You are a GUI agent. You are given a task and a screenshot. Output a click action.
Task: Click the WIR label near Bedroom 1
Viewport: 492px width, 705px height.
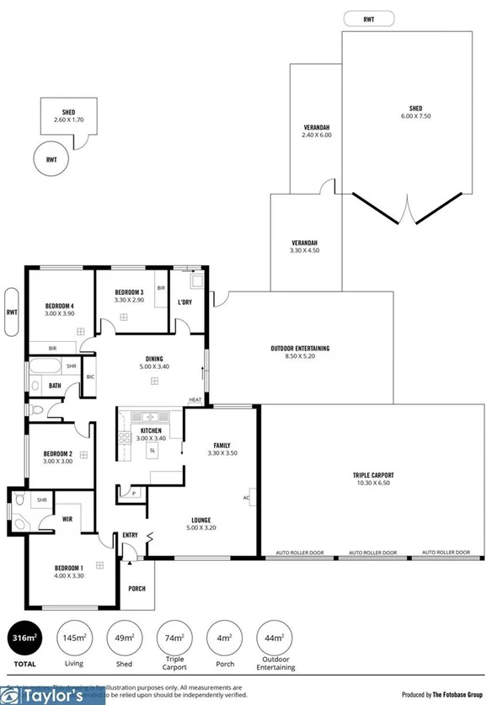tap(67, 520)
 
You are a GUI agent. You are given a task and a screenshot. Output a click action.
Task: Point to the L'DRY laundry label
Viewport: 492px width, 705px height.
tap(185, 302)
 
